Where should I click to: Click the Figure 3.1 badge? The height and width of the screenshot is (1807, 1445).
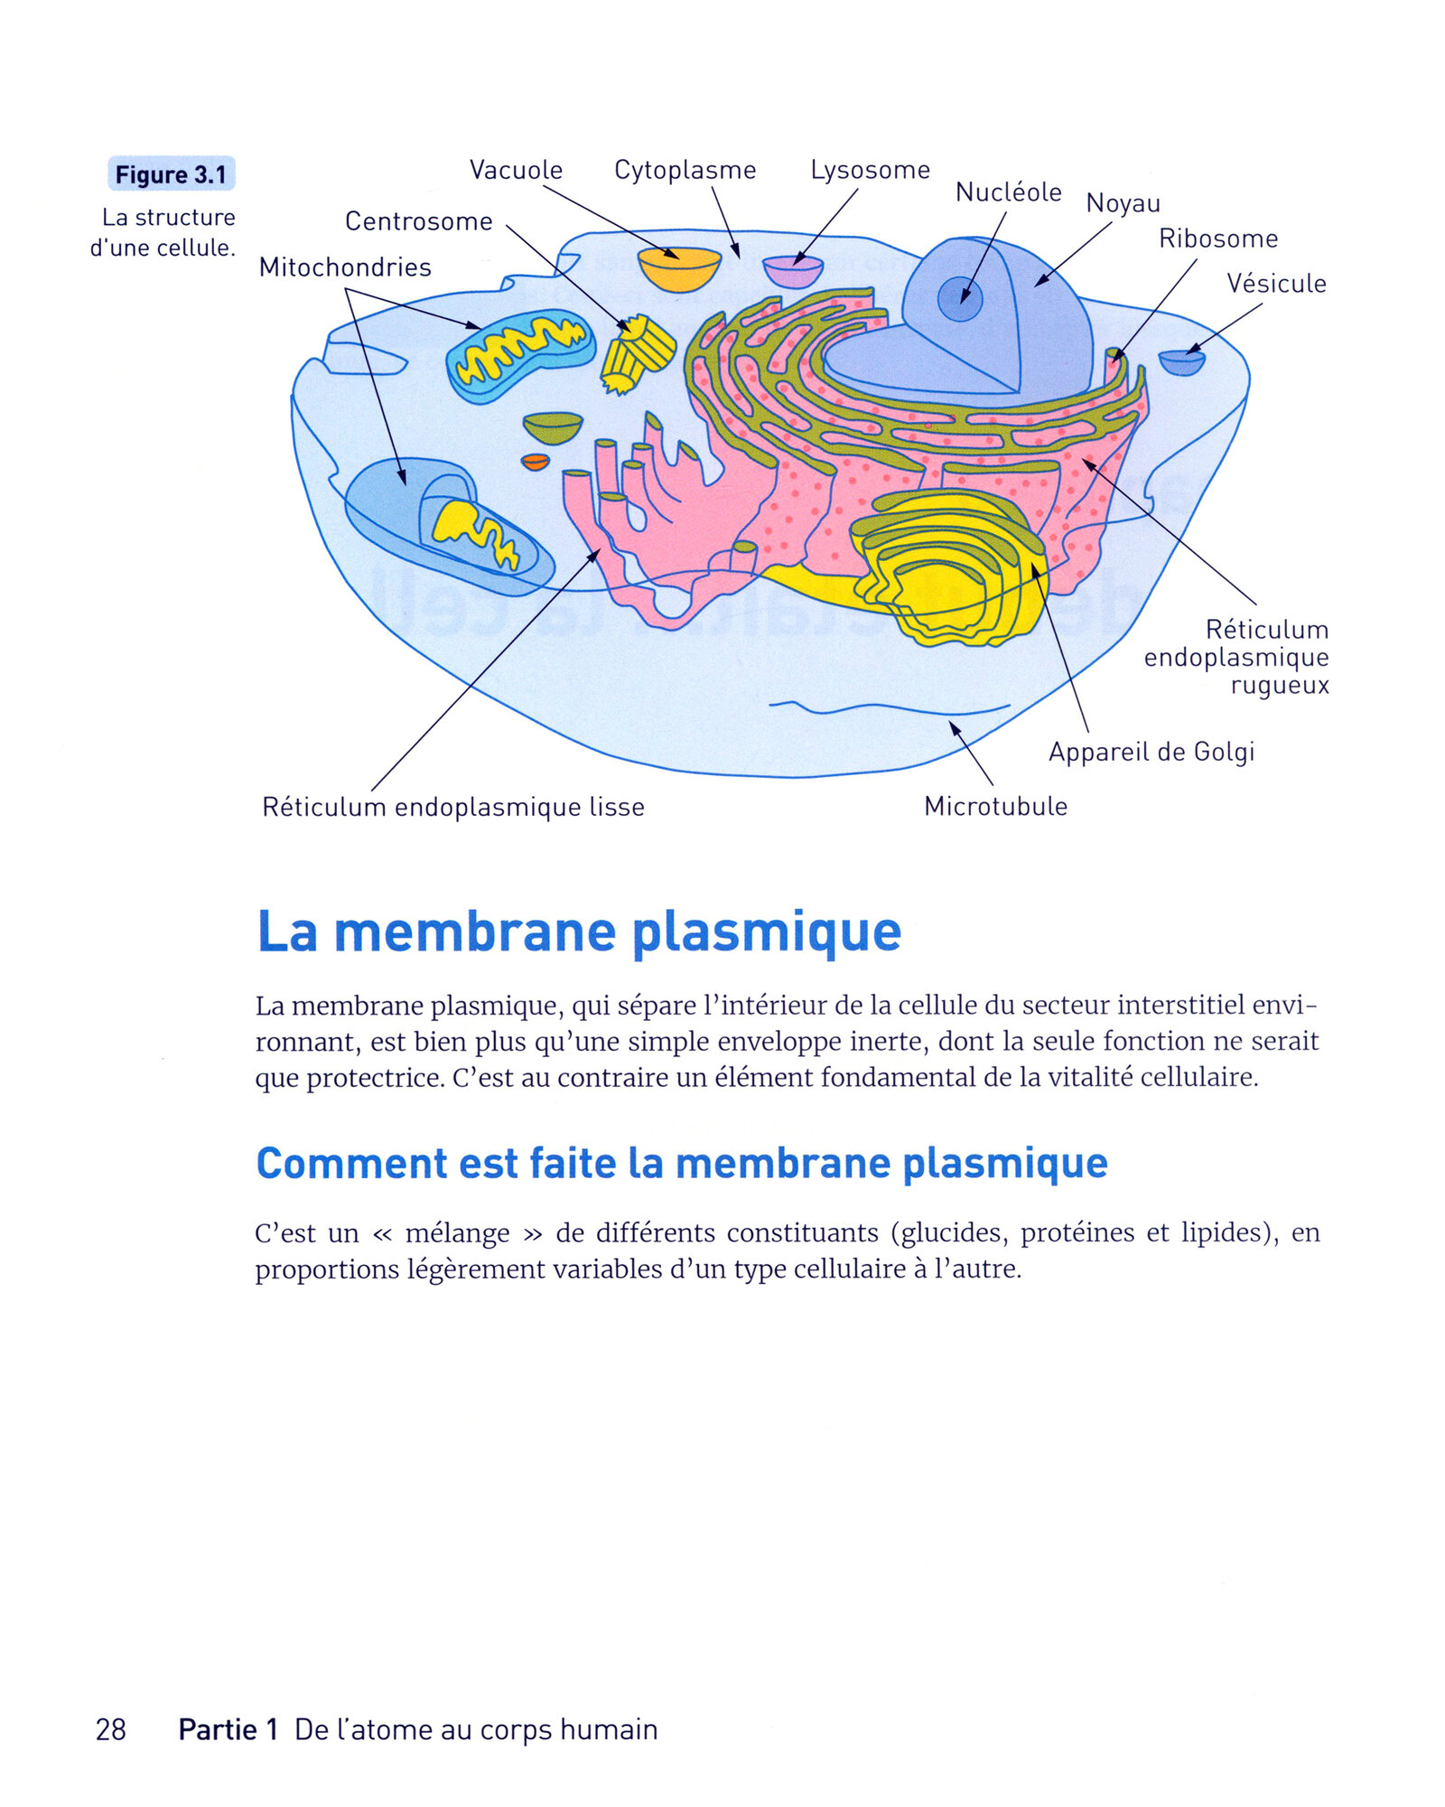pyautogui.click(x=171, y=173)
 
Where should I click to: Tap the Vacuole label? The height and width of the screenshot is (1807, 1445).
pyautogui.click(x=516, y=170)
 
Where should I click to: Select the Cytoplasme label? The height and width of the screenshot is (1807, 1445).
pyautogui.click(x=685, y=170)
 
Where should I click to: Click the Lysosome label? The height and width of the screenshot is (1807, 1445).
pyautogui.click(x=870, y=170)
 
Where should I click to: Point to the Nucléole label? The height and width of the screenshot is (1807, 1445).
pyautogui.click(x=1008, y=192)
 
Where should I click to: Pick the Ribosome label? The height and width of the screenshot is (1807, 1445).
pyautogui.click(x=1218, y=239)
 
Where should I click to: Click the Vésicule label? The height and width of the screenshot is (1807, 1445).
pyautogui.click(x=1276, y=284)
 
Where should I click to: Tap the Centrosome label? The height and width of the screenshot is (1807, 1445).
pyautogui.click(x=419, y=221)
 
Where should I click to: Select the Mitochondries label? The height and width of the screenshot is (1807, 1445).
pyautogui.click(x=345, y=267)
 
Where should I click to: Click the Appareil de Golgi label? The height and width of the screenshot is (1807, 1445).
pyautogui.click(x=1151, y=752)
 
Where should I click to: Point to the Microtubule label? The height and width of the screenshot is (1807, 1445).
pyautogui.click(x=995, y=806)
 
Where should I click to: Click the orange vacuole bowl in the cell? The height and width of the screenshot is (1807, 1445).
pyautogui.click(x=679, y=270)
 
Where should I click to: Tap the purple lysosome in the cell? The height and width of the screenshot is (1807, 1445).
pyautogui.click(x=793, y=271)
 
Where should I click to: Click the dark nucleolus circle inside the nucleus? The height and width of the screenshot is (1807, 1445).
pyautogui.click(x=959, y=299)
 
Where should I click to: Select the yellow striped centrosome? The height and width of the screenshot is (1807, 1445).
pyautogui.click(x=638, y=353)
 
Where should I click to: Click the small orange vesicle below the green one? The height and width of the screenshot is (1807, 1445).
pyautogui.click(x=536, y=463)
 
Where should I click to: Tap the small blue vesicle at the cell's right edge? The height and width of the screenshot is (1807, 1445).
pyautogui.click(x=1181, y=362)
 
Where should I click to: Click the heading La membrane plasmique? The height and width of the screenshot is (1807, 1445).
pyautogui.click(x=579, y=932)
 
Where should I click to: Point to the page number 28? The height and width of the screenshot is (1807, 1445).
pyautogui.click(x=110, y=1729)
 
